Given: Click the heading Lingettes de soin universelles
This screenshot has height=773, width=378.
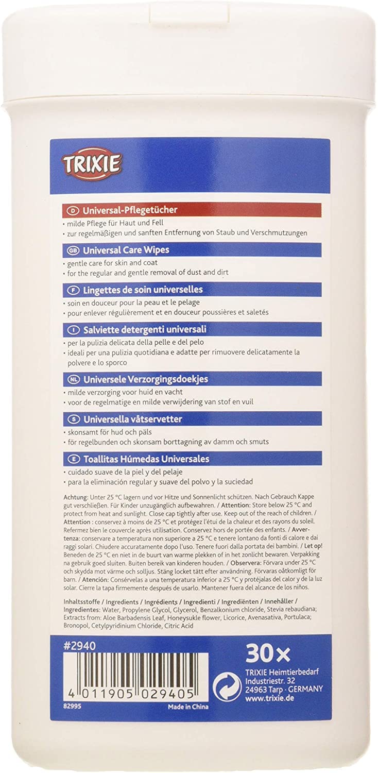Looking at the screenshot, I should [139, 289].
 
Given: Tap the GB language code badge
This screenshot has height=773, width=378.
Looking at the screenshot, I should [72, 250].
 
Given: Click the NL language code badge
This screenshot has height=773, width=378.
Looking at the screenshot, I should [72, 378].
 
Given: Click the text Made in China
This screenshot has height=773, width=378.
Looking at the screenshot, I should [188, 707].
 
